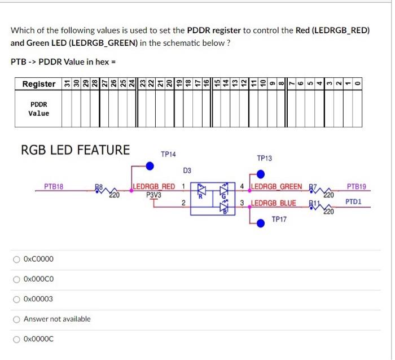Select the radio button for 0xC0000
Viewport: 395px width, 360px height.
click(16, 259)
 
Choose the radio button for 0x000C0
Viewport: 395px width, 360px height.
click(16, 279)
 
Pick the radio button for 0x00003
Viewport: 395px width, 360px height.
click(16, 298)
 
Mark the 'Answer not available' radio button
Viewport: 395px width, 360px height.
click(16, 319)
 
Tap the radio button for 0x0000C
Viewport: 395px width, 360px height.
click(16, 339)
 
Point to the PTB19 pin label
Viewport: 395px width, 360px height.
click(356, 186)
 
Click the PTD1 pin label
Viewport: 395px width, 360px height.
click(354, 201)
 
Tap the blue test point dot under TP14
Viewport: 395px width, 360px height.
click(150, 166)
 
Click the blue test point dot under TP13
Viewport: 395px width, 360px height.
click(261, 174)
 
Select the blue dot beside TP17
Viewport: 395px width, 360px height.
click(261, 223)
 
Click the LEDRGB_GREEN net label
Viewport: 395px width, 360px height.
click(275, 187)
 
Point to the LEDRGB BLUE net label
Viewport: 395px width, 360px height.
click(273, 203)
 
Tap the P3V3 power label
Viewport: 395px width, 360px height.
click(153, 195)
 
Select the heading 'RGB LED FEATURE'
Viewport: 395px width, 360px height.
click(75, 150)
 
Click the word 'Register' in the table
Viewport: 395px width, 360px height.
click(39, 84)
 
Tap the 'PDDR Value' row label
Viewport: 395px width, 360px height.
click(39, 109)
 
